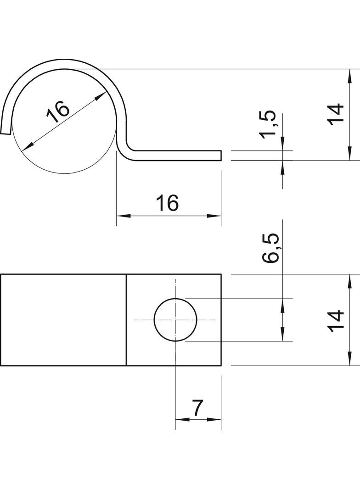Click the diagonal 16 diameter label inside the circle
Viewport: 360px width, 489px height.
[58, 111]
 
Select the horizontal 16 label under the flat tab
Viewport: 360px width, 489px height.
[167, 203]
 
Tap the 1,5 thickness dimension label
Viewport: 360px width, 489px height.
[268, 124]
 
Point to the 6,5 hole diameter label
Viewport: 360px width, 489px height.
[270, 248]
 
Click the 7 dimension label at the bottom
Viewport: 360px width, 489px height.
[197, 408]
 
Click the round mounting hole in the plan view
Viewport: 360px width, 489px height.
[175, 320]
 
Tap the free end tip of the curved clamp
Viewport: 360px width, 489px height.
[6, 132]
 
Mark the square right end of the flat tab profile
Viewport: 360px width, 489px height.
[221, 156]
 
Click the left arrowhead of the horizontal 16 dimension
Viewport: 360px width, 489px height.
[124, 216]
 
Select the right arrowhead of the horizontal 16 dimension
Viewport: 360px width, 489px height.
[214, 216]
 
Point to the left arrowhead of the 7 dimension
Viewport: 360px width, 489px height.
[182, 419]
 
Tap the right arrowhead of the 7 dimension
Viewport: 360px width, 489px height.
[214, 419]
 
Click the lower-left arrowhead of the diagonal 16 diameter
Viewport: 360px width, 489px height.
[27, 145]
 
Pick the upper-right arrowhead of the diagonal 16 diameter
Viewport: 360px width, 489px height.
[101, 96]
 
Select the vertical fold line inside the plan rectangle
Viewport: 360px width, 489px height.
[126, 320]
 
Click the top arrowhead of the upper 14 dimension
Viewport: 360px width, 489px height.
[350, 76]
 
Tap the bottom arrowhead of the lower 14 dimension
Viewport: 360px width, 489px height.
[350, 358]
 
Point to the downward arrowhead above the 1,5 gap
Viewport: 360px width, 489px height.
[282, 144]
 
